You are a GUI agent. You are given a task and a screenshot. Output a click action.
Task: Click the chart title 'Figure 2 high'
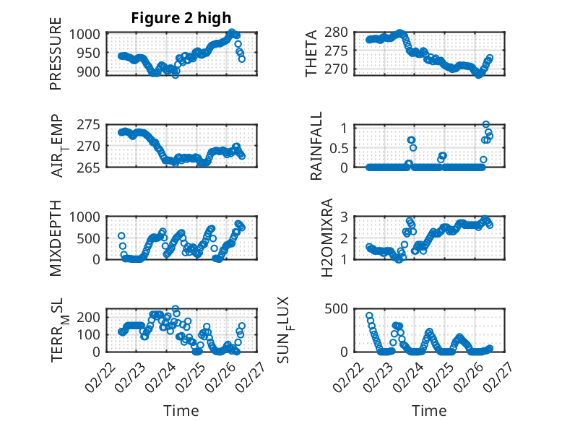pyautogui.click(x=181, y=17)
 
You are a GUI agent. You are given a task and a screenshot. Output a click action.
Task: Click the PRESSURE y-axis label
pyautogui.click(x=56, y=59)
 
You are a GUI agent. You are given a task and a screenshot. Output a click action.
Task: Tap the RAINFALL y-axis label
pyautogui.click(x=316, y=147)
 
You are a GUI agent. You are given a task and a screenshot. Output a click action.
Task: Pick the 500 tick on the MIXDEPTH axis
pyautogui.click(x=92, y=238)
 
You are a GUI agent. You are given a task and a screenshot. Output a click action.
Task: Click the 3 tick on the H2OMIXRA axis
pyautogui.click(x=345, y=217)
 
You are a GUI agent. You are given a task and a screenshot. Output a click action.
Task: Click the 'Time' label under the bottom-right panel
pyautogui.click(x=429, y=410)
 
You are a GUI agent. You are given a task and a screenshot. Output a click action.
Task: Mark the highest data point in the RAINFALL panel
pyautogui.click(x=486, y=125)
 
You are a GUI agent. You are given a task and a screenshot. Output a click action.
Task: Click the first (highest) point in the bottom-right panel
pyautogui.click(x=369, y=316)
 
